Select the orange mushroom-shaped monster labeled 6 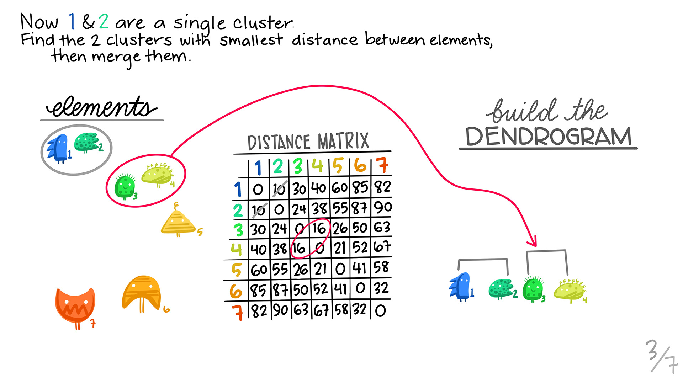(141, 293)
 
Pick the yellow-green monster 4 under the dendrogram (570, 290)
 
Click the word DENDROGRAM (548, 137)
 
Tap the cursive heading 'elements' (101, 107)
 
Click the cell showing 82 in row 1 (382, 187)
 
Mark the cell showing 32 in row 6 (381, 288)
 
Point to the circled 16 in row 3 (319, 228)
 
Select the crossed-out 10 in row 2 (259, 210)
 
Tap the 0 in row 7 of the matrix (380, 310)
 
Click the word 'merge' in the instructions (116, 57)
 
